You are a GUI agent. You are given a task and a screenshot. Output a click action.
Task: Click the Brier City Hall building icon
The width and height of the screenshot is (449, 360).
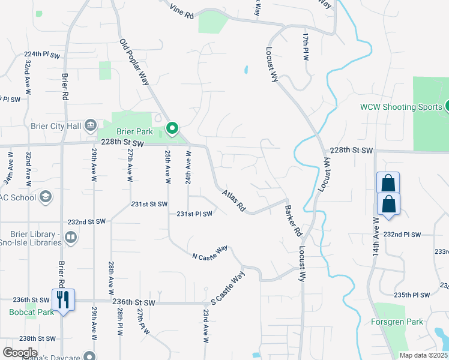tap(91, 125)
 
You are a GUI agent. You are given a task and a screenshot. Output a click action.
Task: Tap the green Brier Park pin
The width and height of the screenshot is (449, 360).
tap(172, 128)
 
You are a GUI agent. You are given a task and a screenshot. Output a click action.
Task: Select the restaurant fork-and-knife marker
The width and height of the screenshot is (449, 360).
tap(63, 299)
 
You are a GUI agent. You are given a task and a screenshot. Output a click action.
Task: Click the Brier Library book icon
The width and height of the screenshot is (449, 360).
tap(71, 238)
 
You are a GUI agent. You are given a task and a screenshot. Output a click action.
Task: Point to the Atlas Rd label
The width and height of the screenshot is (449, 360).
tap(234, 201)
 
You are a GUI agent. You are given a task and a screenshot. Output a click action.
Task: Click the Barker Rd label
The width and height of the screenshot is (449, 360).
tap(292, 221)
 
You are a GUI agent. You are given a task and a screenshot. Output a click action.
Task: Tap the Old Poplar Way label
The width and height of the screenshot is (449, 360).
tap(134, 62)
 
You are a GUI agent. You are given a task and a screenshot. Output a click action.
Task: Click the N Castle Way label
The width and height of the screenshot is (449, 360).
tap(210, 253)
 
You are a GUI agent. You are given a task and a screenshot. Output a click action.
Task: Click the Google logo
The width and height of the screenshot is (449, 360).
tap(20, 352)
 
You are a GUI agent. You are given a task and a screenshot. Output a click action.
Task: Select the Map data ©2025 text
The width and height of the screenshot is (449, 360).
tap(423, 355)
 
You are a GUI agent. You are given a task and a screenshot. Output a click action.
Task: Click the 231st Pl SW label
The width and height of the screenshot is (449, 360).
tap(194, 214)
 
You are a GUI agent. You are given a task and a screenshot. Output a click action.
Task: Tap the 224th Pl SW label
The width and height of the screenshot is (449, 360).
tap(43, 55)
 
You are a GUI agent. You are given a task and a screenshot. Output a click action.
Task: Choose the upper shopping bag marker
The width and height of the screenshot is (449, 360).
tap(388, 182)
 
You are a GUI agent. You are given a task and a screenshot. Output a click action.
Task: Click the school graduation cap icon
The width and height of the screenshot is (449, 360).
tap(45, 197)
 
